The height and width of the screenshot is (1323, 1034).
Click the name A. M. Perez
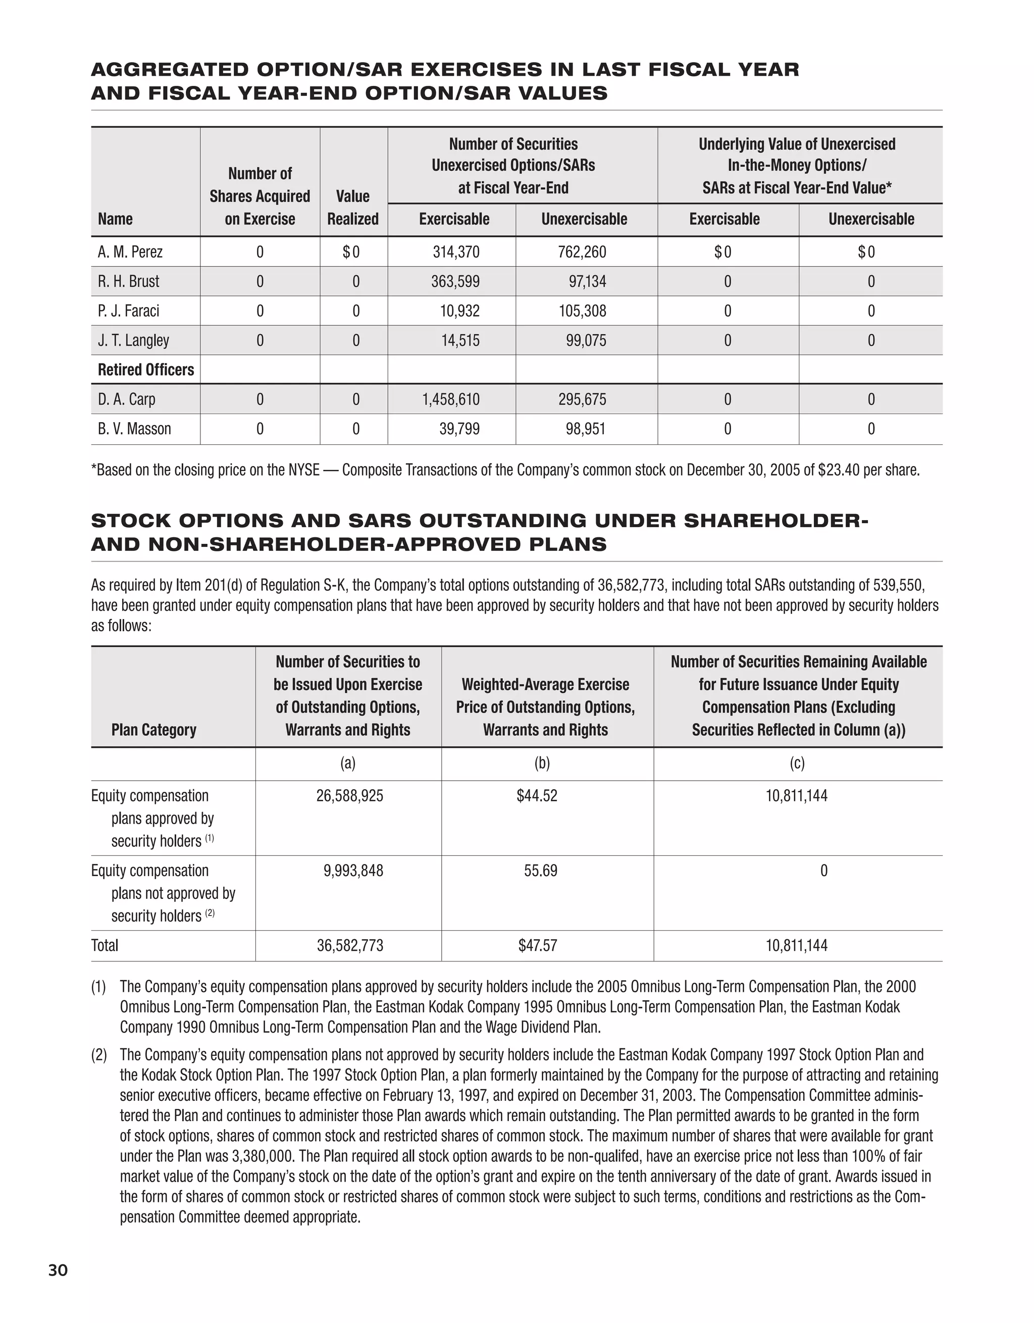(x=130, y=252)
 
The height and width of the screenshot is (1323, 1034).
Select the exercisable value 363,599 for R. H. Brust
(x=455, y=282)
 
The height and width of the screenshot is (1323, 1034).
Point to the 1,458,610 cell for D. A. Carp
(x=451, y=400)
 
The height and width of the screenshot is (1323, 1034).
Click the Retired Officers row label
(x=146, y=370)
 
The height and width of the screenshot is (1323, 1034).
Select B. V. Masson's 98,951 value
(x=585, y=430)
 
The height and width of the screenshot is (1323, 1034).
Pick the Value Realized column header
(x=352, y=207)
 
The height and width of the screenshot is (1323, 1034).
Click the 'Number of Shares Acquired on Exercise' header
(x=260, y=196)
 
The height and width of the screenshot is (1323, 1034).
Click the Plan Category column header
(x=154, y=730)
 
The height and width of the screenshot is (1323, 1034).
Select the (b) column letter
(x=542, y=764)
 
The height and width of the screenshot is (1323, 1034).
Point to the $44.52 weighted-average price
(x=537, y=796)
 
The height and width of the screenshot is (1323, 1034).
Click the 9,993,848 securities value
(x=353, y=871)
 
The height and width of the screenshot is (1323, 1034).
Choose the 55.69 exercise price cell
(x=540, y=871)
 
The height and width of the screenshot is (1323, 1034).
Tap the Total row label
(x=105, y=946)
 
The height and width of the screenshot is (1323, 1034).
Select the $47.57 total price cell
(x=537, y=946)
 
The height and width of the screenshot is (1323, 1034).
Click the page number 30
(x=58, y=1270)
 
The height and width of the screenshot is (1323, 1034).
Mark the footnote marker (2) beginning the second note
(x=99, y=1055)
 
